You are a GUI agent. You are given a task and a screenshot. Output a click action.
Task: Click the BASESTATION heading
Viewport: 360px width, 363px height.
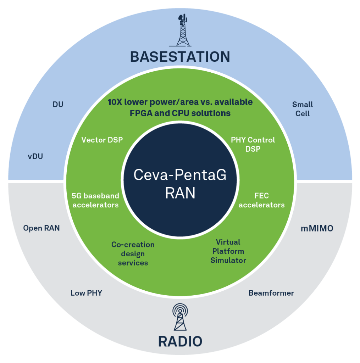point(180,57)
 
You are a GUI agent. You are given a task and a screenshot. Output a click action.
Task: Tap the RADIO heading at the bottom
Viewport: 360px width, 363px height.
point(180,341)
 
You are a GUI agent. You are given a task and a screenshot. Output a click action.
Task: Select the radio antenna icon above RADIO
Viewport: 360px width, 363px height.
point(180,317)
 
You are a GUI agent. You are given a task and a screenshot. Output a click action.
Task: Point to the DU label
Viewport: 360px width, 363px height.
point(58,105)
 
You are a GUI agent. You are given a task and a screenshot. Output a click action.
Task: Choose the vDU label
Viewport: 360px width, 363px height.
point(35,156)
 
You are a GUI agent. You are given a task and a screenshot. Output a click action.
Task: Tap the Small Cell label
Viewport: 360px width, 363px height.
point(303,109)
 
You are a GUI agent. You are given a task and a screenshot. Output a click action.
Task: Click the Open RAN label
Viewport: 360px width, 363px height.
point(41,228)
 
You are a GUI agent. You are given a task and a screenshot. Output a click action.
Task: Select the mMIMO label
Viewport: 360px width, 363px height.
point(317,229)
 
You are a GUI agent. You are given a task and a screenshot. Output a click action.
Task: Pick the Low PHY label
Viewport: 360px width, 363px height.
point(86,293)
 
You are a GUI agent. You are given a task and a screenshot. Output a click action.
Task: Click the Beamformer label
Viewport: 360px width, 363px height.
point(271,293)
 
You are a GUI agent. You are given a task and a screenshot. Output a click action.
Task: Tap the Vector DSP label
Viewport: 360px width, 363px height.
point(102,140)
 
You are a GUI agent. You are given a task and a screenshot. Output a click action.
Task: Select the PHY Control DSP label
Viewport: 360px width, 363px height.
point(253,144)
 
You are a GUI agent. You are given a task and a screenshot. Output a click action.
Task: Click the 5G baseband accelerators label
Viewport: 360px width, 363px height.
point(95,200)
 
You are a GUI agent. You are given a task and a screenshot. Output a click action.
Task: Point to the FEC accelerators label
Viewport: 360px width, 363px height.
point(261,200)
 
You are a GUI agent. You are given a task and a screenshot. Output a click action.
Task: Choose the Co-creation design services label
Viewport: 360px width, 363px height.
point(133,253)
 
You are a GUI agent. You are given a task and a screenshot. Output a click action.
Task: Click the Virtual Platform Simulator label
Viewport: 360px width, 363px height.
point(228,251)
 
